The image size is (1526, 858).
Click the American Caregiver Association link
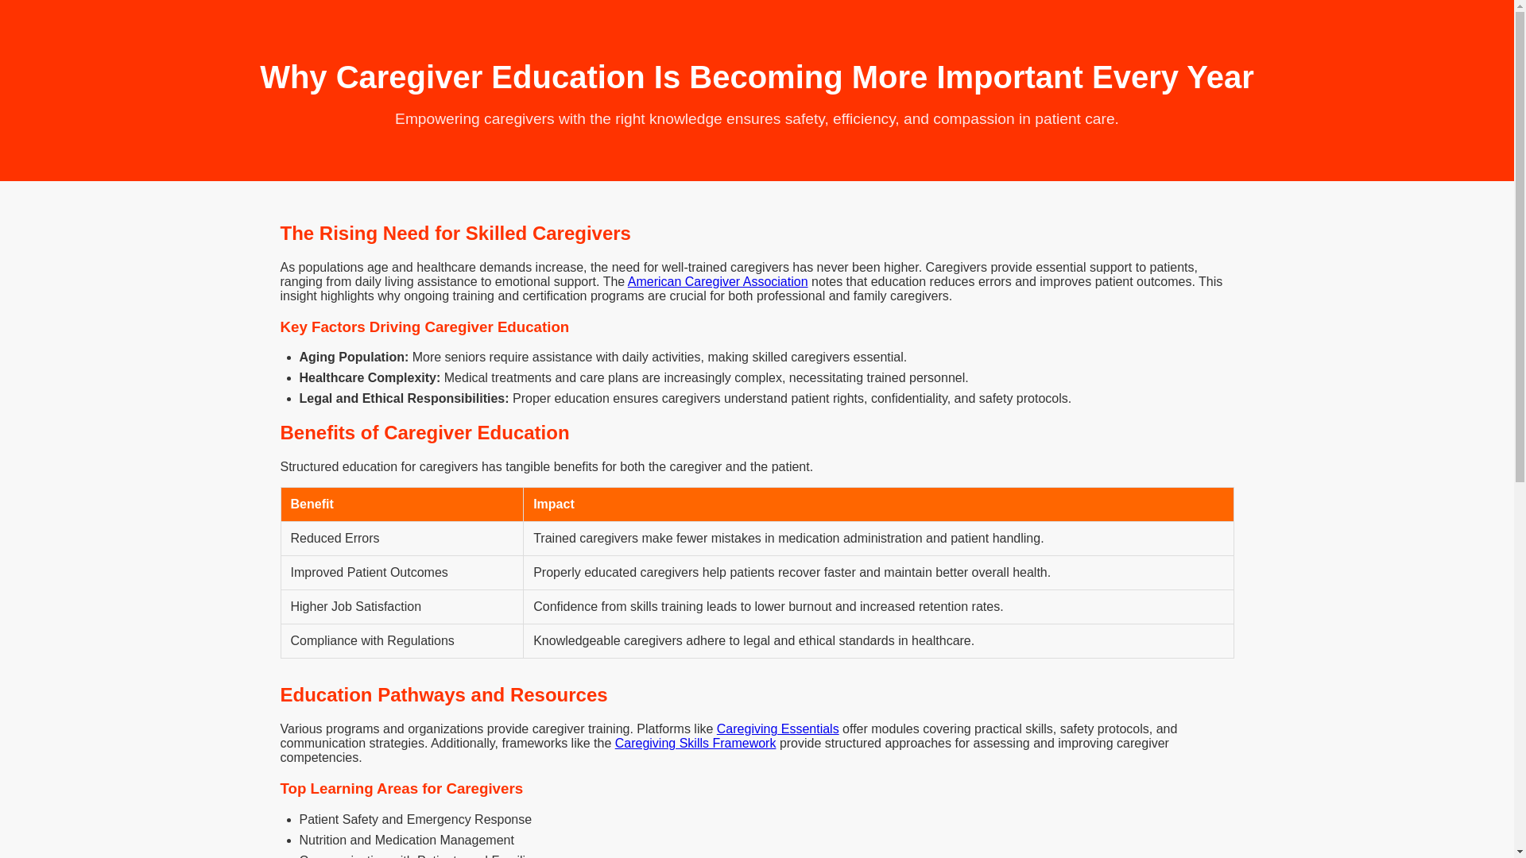717,282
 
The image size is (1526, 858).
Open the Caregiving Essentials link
777,729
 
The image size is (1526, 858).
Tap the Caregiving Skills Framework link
695,744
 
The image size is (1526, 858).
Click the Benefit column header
312,504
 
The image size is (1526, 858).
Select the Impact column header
554,504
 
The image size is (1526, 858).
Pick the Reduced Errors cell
335,539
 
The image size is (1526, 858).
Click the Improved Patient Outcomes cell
369,573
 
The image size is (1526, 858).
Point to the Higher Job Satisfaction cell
355,607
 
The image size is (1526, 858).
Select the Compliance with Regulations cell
372,641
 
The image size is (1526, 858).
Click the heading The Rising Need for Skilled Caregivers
455,234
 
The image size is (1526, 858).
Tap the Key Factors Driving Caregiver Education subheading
424,327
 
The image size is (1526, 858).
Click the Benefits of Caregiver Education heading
424,433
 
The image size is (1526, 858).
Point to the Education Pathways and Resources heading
443,695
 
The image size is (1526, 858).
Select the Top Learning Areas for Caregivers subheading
401,789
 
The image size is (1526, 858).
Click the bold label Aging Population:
354,357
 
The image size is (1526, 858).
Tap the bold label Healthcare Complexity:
370,378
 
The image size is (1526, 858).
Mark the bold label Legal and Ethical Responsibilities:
404,399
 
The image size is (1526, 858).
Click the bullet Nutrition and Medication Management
406,841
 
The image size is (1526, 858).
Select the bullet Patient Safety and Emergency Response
415,820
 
